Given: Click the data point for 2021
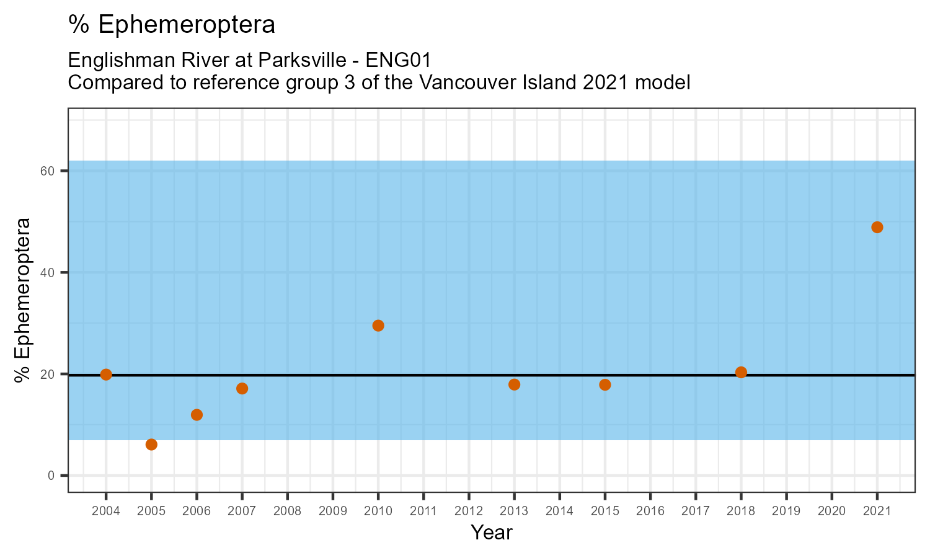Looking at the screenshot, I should click(x=877, y=227).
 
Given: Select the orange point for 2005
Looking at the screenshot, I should click(x=151, y=445).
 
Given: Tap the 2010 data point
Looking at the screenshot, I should click(x=378, y=325).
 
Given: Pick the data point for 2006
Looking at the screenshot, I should click(x=197, y=415).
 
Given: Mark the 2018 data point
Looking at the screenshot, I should click(x=741, y=372).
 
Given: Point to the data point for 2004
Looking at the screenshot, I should click(x=106, y=374).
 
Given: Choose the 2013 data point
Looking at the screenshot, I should click(x=514, y=384).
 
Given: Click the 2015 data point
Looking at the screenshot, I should click(x=605, y=384).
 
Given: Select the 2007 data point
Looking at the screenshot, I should click(x=242, y=388).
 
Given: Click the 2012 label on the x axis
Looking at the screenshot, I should click(x=469, y=511).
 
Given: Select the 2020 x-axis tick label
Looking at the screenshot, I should click(x=831, y=511).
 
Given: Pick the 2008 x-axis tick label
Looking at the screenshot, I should click(x=287, y=511).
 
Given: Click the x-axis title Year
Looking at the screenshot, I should click(x=492, y=533).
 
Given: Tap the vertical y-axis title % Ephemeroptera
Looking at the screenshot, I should click(x=24, y=300).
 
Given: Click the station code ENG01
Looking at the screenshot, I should click(x=399, y=61).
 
